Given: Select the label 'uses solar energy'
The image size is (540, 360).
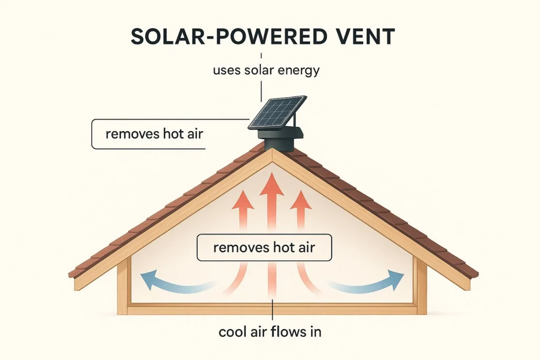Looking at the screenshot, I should (266, 70).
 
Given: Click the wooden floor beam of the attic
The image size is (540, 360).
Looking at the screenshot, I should (271, 309).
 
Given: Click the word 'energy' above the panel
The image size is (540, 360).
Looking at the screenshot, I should (300, 71).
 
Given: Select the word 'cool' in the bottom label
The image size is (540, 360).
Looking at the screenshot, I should (232, 332).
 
